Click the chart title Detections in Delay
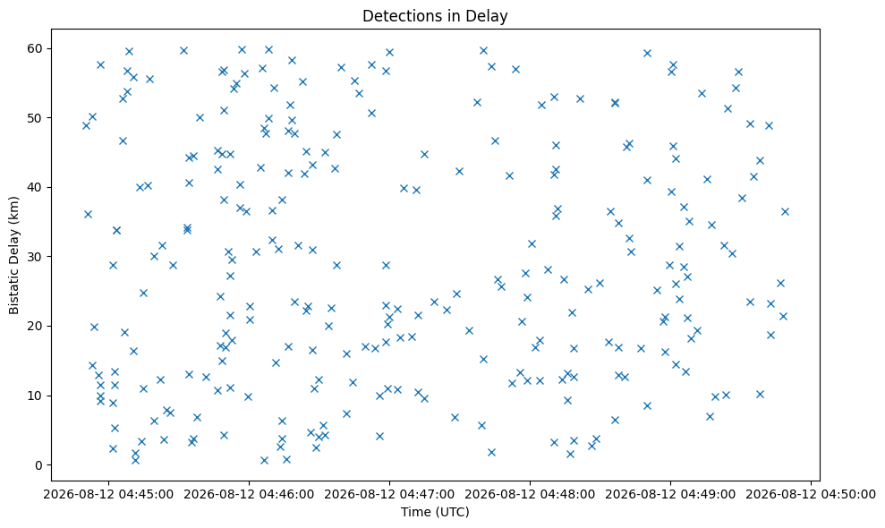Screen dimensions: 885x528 pyautogui.click(x=435, y=16)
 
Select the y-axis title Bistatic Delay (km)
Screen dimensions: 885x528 pyautogui.click(x=13, y=255)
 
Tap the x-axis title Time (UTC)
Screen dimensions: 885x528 pyautogui.click(x=435, y=512)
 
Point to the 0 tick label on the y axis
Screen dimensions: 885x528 pyautogui.click(x=39, y=465)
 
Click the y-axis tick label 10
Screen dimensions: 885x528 pyautogui.click(x=37, y=396)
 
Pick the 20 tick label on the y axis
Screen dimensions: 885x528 pyautogui.click(x=37, y=327)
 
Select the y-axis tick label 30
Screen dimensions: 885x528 pyautogui.click(x=37, y=257)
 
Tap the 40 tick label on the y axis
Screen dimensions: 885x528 pyautogui.click(x=37, y=187)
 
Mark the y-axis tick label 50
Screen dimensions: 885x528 pyautogui.click(x=37, y=118)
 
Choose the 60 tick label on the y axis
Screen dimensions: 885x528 pyautogui.click(x=37, y=48)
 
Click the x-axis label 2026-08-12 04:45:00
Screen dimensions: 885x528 pyautogui.click(x=108, y=495)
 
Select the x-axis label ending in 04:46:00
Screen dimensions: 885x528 pyautogui.click(x=249, y=495)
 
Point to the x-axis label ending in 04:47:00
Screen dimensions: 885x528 pyautogui.click(x=389, y=495)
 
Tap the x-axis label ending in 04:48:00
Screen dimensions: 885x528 pyautogui.click(x=530, y=495)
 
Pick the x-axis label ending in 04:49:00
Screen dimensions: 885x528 pyautogui.click(x=670, y=495)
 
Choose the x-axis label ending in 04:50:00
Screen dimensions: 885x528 pyautogui.click(x=811, y=495)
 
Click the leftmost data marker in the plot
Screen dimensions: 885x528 pyautogui.click(x=86, y=125)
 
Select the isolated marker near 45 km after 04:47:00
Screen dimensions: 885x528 pyautogui.click(x=424, y=154)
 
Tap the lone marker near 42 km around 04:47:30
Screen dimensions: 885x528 pyautogui.click(x=459, y=171)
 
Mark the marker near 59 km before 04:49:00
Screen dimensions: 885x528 pyautogui.click(x=647, y=53)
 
